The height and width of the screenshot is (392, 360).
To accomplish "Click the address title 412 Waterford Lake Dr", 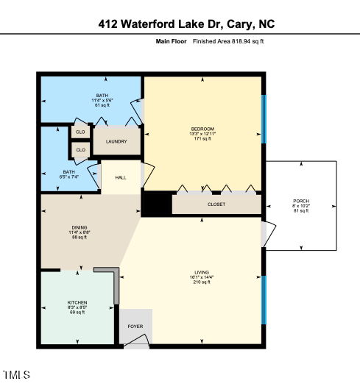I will (180, 24).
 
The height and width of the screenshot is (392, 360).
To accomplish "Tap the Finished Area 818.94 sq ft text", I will (227, 42).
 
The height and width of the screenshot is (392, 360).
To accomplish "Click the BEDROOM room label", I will (202, 129).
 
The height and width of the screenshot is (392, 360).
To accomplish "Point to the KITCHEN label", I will (77, 302).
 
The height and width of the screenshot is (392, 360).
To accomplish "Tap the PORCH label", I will (301, 202).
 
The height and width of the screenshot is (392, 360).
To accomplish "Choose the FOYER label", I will (135, 326).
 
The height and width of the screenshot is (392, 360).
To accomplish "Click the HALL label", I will (121, 177).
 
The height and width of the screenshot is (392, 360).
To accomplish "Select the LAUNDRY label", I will (116, 142).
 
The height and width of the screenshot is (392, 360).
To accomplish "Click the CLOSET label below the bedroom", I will (216, 204).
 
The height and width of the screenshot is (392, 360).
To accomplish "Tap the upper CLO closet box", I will (80, 132).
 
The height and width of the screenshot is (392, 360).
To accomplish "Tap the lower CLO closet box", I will (80, 150).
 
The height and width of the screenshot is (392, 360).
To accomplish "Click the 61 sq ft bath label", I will (102, 105).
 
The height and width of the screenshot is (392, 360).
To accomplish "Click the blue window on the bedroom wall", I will (263, 119).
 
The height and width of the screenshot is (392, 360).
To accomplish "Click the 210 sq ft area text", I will (202, 282).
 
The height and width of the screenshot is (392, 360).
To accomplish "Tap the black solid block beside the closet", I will (155, 204).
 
